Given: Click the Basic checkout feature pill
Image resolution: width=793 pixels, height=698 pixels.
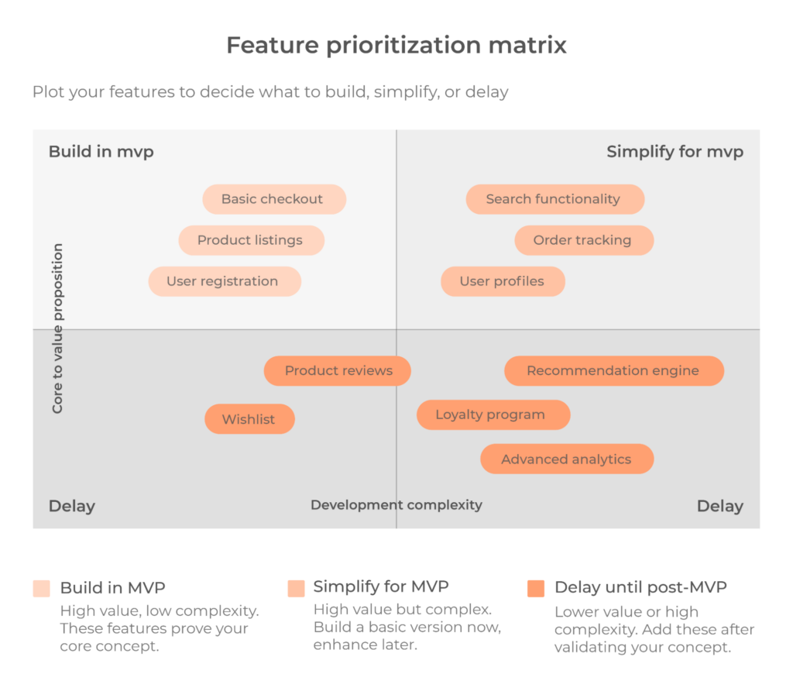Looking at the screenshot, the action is [x=274, y=199].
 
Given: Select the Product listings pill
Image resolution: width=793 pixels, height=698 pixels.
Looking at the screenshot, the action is [x=251, y=240].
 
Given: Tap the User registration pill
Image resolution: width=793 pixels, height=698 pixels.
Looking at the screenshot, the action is [x=225, y=281].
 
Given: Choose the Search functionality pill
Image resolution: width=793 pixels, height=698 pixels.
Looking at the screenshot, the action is [x=554, y=199].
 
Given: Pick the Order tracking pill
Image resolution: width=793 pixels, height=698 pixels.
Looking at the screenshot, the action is [x=584, y=240].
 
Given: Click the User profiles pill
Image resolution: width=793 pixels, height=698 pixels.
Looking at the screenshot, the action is [x=503, y=281].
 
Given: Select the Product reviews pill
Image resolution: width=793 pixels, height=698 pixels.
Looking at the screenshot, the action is [x=338, y=371].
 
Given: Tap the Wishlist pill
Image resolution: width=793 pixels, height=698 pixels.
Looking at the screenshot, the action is [x=249, y=419].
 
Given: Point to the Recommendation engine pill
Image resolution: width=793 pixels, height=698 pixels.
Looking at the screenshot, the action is [x=613, y=371].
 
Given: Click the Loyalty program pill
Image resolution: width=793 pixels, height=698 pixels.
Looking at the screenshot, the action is [x=493, y=414].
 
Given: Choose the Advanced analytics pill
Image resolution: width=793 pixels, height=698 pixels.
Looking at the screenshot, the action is [x=567, y=459].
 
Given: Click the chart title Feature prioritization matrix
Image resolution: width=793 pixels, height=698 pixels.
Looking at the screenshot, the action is [x=396, y=45].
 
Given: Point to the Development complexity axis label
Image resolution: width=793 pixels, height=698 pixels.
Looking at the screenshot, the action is [x=396, y=505].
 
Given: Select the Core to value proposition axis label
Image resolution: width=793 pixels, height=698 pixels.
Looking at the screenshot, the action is [x=58, y=328].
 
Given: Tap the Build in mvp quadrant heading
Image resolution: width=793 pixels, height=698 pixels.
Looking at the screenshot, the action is [x=101, y=152].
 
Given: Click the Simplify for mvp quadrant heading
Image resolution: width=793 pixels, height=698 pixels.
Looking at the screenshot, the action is [x=675, y=152].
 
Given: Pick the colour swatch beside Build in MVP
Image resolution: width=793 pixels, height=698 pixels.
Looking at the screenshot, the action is [x=42, y=588].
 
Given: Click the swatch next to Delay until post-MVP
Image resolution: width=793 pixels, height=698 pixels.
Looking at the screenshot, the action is [x=536, y=589].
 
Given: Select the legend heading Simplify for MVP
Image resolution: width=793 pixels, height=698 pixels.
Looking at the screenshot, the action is [x=381, y=586].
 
